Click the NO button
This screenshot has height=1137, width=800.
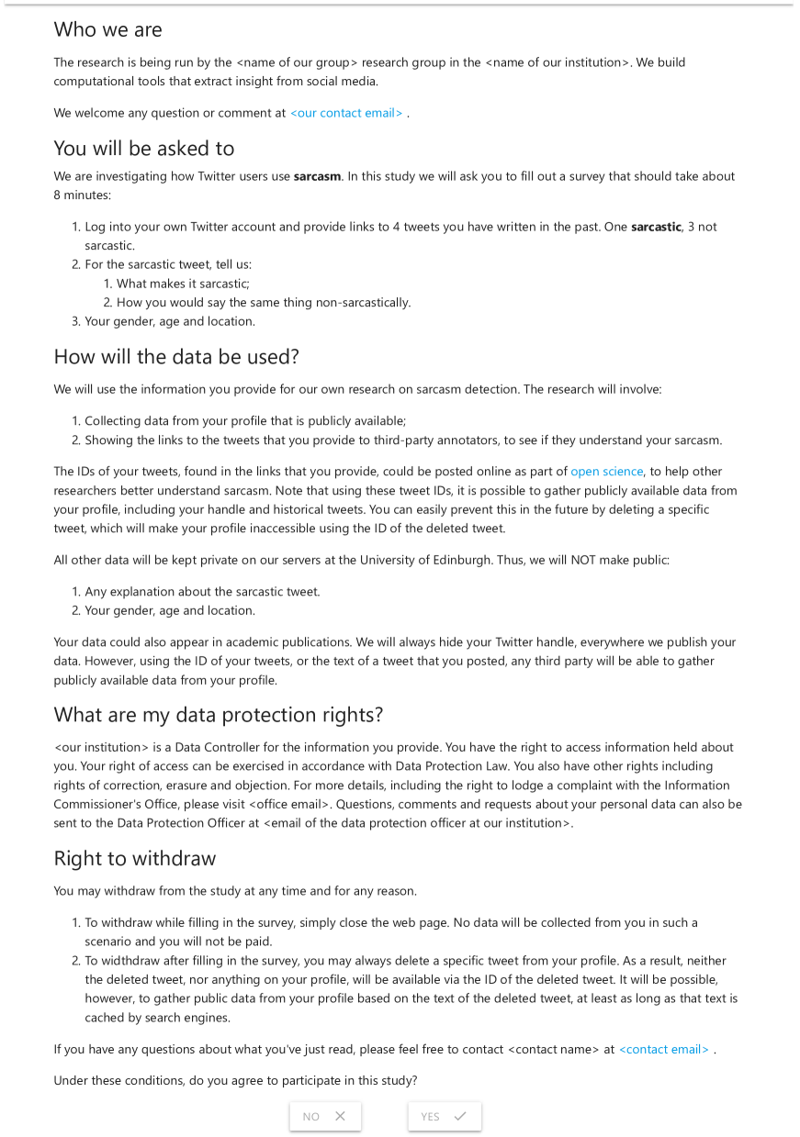[325, 1116]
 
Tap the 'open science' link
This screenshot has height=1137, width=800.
[606, 472]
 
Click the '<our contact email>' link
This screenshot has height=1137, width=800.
[346, 113]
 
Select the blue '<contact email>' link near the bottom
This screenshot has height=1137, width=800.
[664, 1049]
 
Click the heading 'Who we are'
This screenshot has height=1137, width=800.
[107, 29]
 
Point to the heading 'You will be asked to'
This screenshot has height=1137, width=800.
[144, 149]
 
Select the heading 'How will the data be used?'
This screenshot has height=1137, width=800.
[176, 357]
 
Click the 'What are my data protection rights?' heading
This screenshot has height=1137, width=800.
[219, 715]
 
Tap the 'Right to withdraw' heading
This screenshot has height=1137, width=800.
[135, 859]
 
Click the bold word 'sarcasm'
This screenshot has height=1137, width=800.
[318, 176]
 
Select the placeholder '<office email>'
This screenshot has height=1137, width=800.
[288, 805]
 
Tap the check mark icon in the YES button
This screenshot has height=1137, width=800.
[460, 1117]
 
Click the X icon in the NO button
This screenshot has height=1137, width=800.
[340, 1117]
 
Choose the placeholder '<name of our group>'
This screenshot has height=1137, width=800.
[297, 62]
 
